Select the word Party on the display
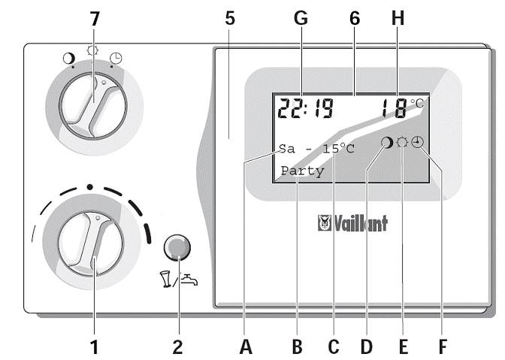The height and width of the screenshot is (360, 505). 303,171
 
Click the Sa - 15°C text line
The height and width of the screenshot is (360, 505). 316,149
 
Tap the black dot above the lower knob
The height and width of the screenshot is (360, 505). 89,186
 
